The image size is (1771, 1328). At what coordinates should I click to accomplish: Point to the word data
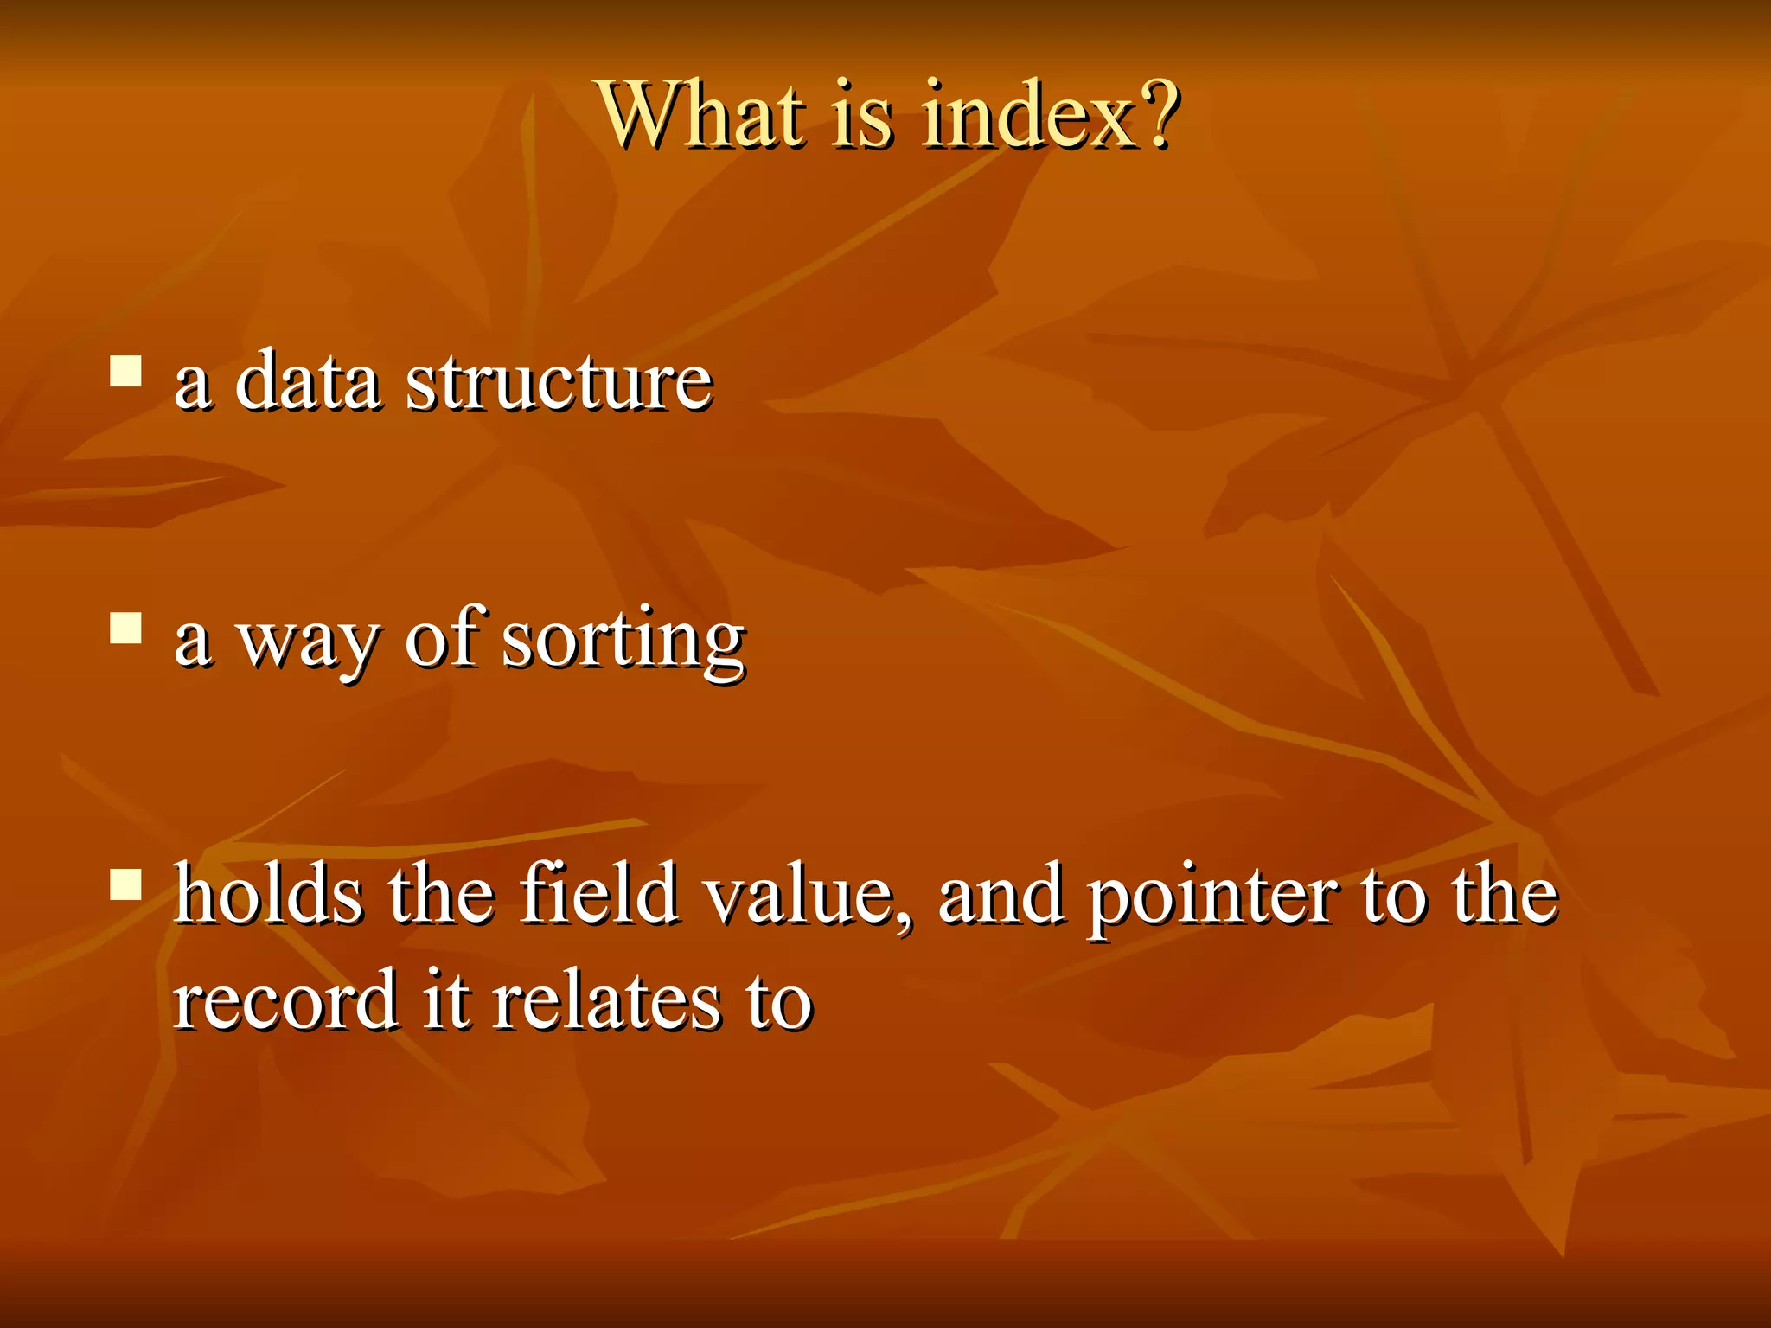[x=307, y=381]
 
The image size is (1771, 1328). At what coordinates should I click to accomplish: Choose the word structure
[x=559, y=381]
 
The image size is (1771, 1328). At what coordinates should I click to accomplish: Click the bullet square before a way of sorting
[x=126, y=629]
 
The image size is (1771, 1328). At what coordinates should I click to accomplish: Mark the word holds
[x=268, y=894]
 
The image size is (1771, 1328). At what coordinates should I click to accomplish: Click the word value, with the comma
[x=809, y=896]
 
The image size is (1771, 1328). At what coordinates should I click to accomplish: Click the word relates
[x=605, y=999]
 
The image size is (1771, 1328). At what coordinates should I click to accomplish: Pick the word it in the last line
[x=446, y=999]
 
